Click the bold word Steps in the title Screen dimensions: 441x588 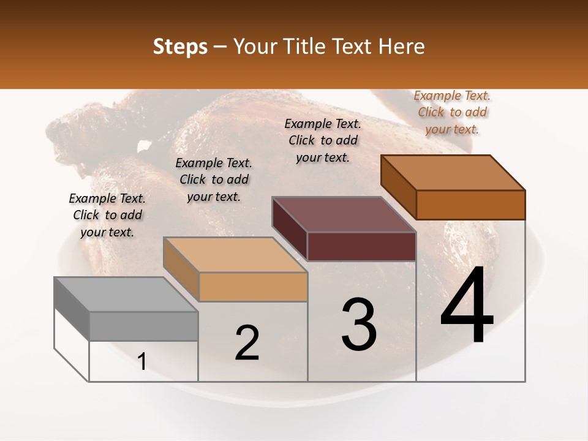(x=180, y=47)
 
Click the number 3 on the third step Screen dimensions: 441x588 (x=359, y=325)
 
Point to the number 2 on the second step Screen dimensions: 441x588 (x=247, y=342)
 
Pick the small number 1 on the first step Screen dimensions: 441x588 (x=142, y=362)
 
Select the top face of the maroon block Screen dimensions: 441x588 (x=344, y=214)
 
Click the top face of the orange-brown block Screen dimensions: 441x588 (x=453, y=173)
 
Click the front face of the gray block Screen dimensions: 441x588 (x=143, y=326)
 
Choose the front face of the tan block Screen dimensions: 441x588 (x=253, y=287)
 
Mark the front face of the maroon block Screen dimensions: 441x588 (x=361, y=246)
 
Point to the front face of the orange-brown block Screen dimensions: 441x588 (x=470, y=205)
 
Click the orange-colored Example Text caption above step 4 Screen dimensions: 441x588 (x=452, y=112)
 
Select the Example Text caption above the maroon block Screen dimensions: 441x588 (x=323, y=140)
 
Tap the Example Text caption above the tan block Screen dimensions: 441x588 (x=214, y=179)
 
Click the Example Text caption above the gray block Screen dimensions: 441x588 (x=107, y=215)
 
